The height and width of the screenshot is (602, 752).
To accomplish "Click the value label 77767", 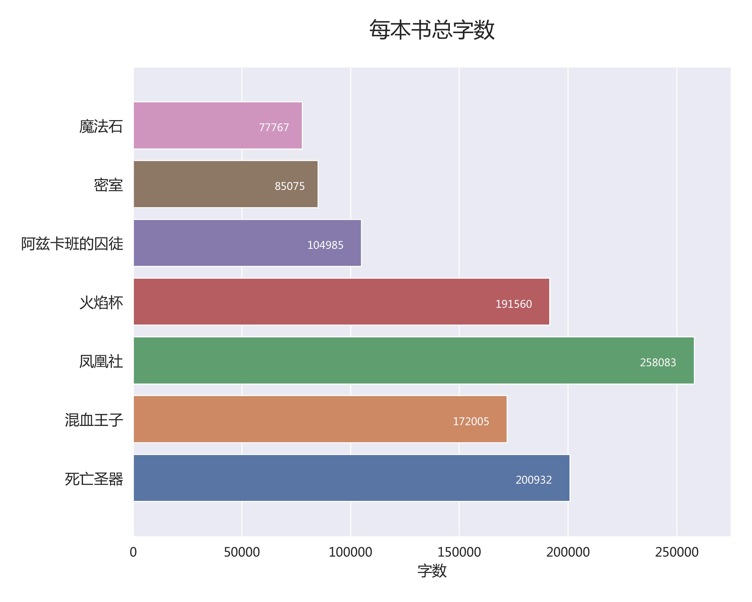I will (x=274, y=128).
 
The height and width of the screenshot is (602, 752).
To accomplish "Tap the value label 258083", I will (x=658, y=363).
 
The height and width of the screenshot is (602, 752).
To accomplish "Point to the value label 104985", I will (x=325, y=245).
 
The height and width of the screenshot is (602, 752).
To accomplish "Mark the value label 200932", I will (x=534, y=480).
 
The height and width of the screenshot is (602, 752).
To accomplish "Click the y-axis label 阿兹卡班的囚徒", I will (x=72, y=244).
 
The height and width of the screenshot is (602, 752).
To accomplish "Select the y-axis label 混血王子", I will (x=94, y=420).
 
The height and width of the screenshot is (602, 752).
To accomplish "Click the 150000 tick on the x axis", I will (x=459, y=552).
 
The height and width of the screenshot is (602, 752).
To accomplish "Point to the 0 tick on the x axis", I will (x=133, y=552).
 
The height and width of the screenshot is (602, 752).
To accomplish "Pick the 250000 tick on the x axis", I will (x=677, y=552).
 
